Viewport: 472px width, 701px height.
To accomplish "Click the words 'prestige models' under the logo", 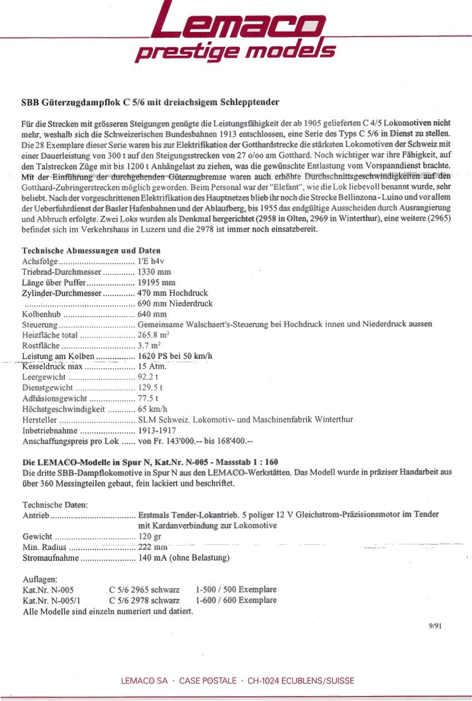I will (x=235, y=52).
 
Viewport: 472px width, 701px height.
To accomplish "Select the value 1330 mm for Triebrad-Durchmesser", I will (x=154, y=272).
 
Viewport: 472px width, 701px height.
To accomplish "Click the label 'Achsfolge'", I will (x=38, y=262).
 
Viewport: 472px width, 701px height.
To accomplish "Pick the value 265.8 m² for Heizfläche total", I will (x=153, y=336).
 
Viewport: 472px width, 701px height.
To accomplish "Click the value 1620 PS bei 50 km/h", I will (x=175, y=356).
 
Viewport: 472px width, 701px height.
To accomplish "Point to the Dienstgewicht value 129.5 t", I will (x=150, y=388).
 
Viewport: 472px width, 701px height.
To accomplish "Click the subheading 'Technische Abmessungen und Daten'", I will (x=91, y=251).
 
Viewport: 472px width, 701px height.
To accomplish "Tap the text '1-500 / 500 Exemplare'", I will (x=236, y=590).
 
